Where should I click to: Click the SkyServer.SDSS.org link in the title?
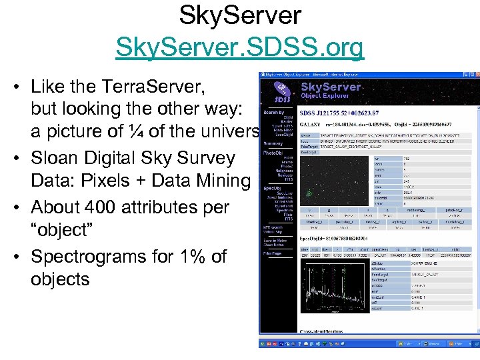click(x=240, y=48)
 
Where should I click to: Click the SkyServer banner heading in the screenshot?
click(x=331, y=87)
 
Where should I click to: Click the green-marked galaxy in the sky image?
click(x=309, y=194)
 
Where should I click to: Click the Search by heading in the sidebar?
click(x=273, y=113)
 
